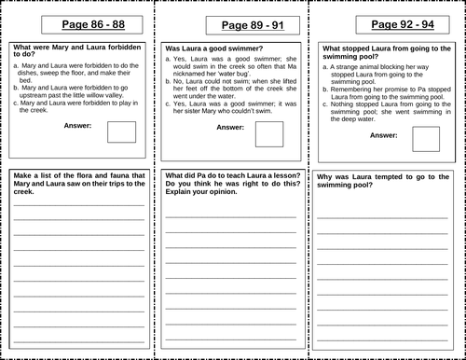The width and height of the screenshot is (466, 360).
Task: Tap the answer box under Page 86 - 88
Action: (x=122, y=132)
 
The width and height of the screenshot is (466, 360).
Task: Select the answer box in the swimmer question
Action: (x=268, y=136)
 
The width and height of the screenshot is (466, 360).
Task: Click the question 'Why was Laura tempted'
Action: (x=377, y=180)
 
